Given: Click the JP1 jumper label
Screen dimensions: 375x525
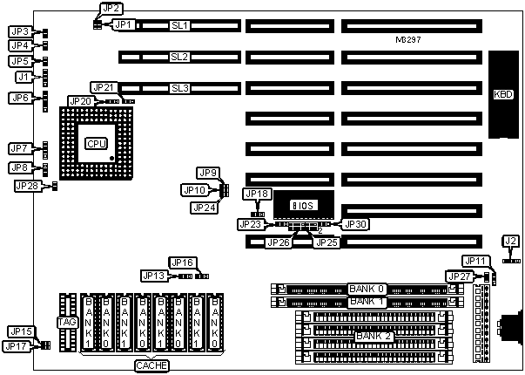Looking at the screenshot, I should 125,25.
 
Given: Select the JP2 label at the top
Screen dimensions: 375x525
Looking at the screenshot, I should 111,9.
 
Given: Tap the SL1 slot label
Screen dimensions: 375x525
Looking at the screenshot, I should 180,25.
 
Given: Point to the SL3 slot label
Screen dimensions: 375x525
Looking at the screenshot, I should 180,88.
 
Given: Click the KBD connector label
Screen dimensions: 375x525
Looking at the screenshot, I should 503,94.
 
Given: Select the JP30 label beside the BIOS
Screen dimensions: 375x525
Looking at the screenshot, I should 356,224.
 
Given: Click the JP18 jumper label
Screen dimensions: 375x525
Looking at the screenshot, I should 258,194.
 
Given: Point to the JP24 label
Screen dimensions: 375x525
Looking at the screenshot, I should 205,208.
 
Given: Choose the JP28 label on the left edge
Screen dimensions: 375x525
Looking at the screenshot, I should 27,186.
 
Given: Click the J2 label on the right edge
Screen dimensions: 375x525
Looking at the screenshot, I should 511,241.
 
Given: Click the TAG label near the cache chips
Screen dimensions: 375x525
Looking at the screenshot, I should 66,323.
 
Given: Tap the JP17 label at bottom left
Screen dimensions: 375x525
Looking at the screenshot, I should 17,346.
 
